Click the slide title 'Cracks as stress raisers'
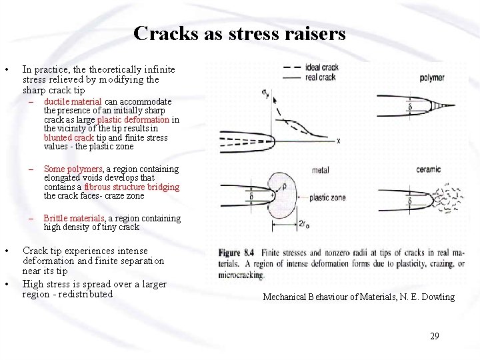[239, 33]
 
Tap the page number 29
[434, 336]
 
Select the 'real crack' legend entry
[321, 77]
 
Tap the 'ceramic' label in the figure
[431, 170]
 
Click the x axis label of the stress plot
[339, 141]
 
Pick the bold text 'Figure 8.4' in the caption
[238, 253]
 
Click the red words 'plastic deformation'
[137, 120]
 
